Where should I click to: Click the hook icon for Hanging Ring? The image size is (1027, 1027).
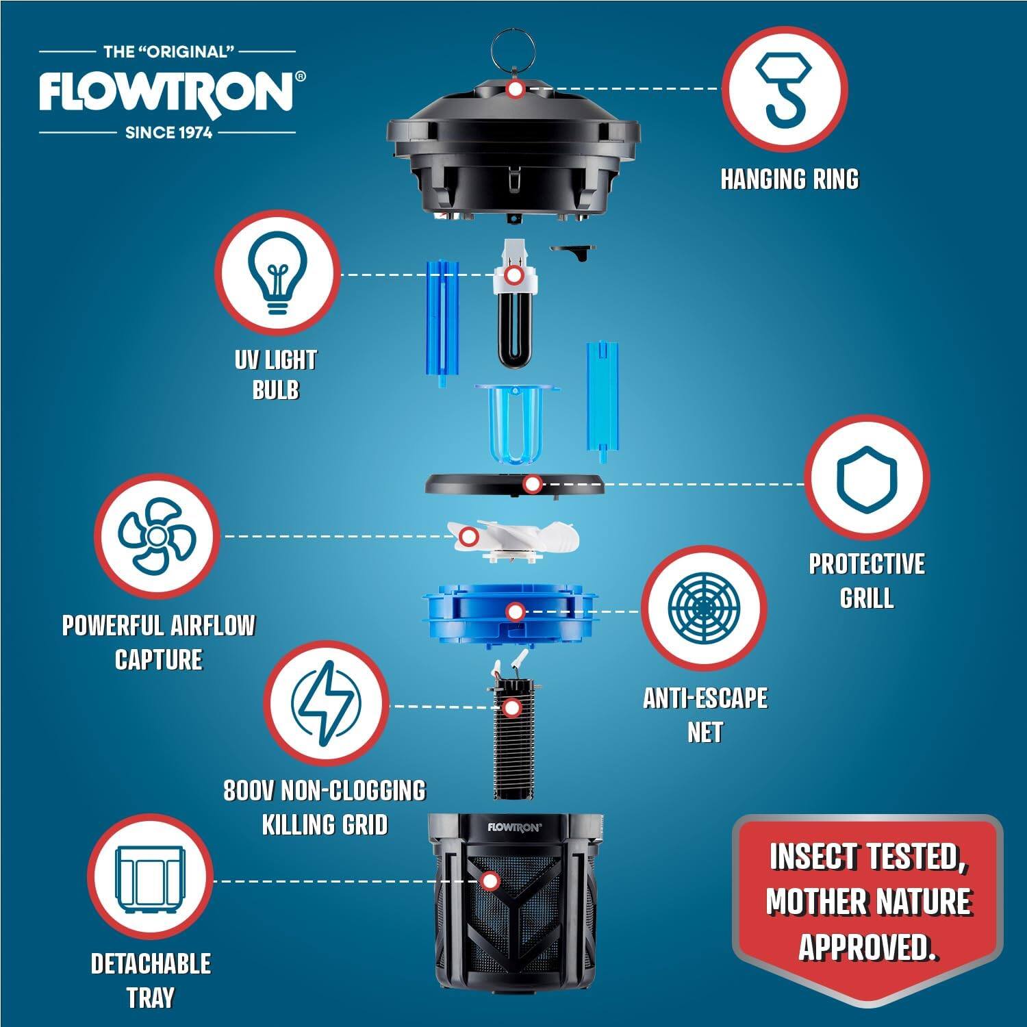[784, 89]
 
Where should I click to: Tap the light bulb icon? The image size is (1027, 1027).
[277, 273]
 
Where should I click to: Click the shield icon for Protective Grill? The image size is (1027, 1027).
[866, 479]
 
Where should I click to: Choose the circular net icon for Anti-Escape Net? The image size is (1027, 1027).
[704, 608]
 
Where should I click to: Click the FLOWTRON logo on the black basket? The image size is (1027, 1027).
[514, 826]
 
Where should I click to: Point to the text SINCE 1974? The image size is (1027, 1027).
[168, 132]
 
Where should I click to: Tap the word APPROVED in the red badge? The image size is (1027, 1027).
[867, 946]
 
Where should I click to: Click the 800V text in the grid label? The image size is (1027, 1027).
[249, 791]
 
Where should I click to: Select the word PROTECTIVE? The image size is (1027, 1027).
[867, 564]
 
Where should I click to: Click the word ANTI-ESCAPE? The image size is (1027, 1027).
[705, 698]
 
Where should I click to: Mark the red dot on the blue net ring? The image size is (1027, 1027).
[515, 611]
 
